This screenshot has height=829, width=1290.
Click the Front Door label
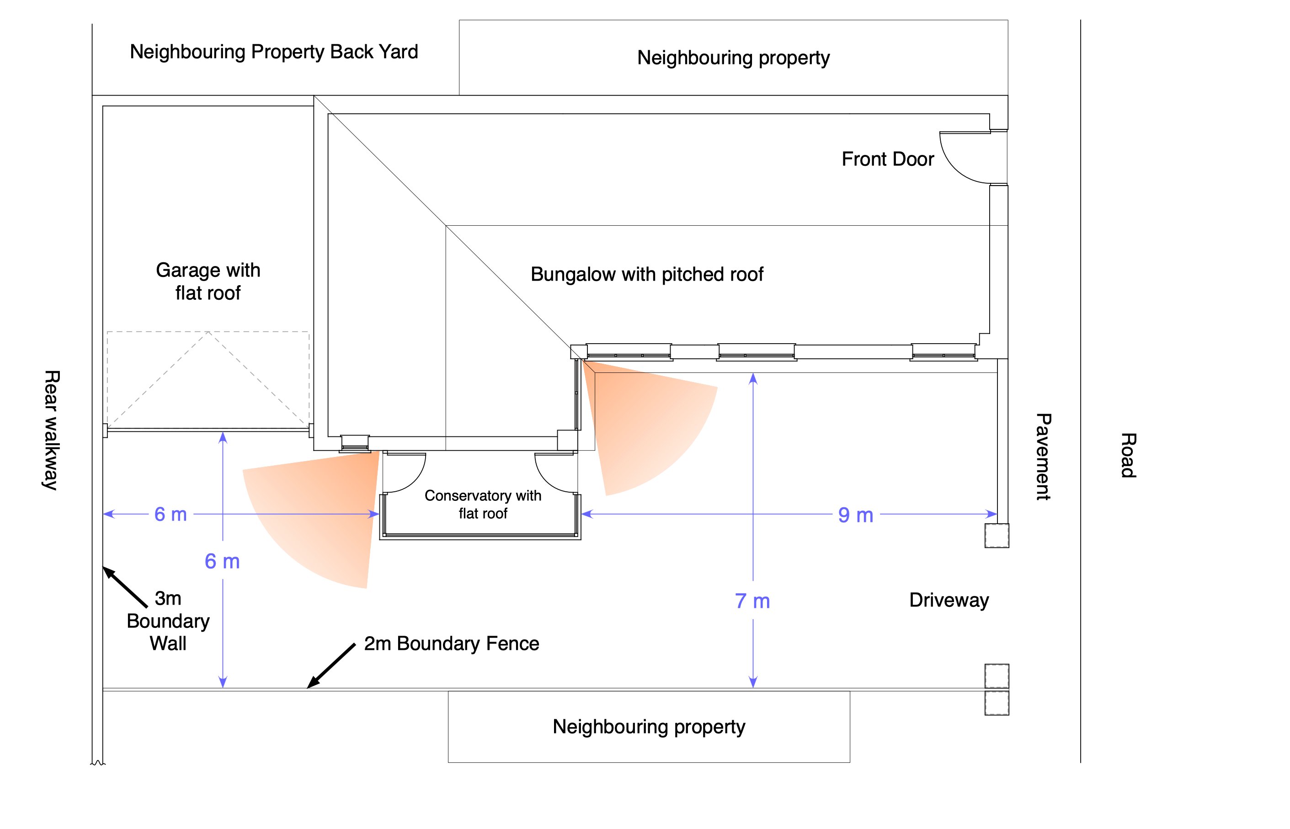click(887, 159)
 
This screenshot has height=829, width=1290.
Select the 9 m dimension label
click(856, 515)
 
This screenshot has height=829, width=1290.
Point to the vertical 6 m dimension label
click(222, 562)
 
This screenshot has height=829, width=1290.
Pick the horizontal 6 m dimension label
click(170, 514)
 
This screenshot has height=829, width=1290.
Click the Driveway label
click(949, 600)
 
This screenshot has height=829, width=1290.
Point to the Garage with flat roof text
click(208, 281)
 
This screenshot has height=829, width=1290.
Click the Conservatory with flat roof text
click(483, 504)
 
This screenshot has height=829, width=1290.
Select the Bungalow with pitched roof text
click(647, 274)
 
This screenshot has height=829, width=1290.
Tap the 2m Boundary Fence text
click(451, 643)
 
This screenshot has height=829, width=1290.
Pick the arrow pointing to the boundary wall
click(125, 587)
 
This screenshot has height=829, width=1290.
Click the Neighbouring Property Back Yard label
click(273, 52)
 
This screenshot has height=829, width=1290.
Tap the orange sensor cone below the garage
click(318, 511)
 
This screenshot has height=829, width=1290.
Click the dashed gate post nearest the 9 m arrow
click(997, 536)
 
